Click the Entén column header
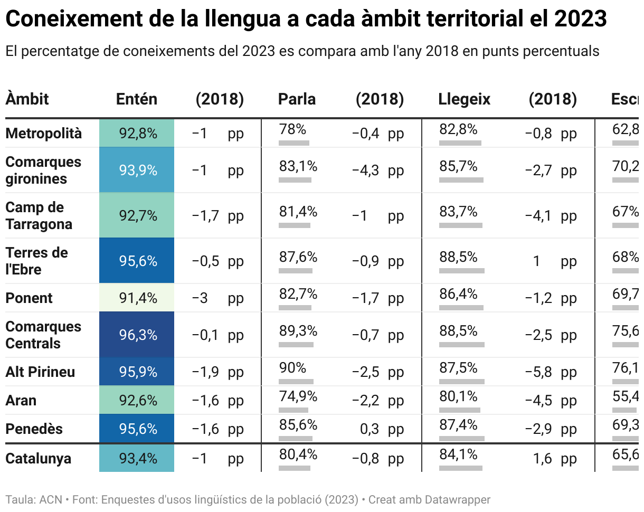136,99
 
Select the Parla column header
297,99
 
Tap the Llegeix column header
464,99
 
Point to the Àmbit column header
27,99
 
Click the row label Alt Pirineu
40,372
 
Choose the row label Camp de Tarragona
39,215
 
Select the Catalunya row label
38,458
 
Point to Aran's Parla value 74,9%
298,396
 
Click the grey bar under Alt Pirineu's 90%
296,381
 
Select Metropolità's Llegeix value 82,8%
458,129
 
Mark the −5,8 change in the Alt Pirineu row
538,372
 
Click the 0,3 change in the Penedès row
370,429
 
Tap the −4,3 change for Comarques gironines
365,170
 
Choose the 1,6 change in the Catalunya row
542,459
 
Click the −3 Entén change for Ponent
200,298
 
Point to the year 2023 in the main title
580,20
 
